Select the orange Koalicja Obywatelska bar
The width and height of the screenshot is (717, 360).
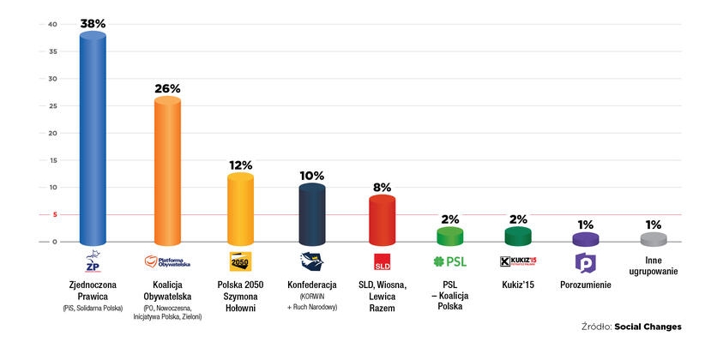(167, 171)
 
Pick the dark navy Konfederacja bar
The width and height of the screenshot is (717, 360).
(311, 215)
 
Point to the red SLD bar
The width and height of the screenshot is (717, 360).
(382, 221)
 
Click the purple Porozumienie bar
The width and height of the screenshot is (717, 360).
(585, 239)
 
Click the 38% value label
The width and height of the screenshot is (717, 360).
(93, 24)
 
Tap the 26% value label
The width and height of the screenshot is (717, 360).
(167, 88)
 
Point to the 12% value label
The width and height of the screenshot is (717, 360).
(240, 164)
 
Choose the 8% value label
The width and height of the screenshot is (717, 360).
(382, 186)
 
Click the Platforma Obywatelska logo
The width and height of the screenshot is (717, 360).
(167, 262)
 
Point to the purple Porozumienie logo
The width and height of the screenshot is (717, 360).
(585, 262)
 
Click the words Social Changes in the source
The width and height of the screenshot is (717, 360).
(649, 327)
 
